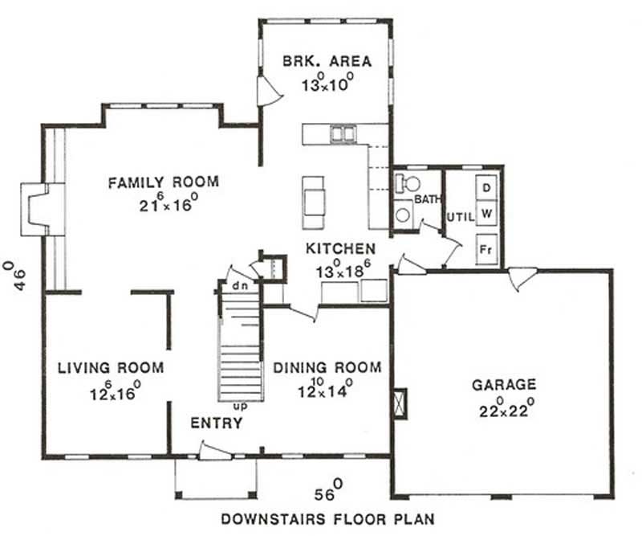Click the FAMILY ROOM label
point(163,182)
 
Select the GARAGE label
point(504,385)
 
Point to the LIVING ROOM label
point(111,368)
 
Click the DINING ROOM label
point(327,368)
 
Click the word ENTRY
point(216,423)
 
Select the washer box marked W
point(486,214)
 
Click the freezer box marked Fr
point(486,248)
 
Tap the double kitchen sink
point(345,133)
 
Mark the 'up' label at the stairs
point(239,407)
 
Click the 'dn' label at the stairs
point(238,284)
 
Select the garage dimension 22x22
point(504,404)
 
